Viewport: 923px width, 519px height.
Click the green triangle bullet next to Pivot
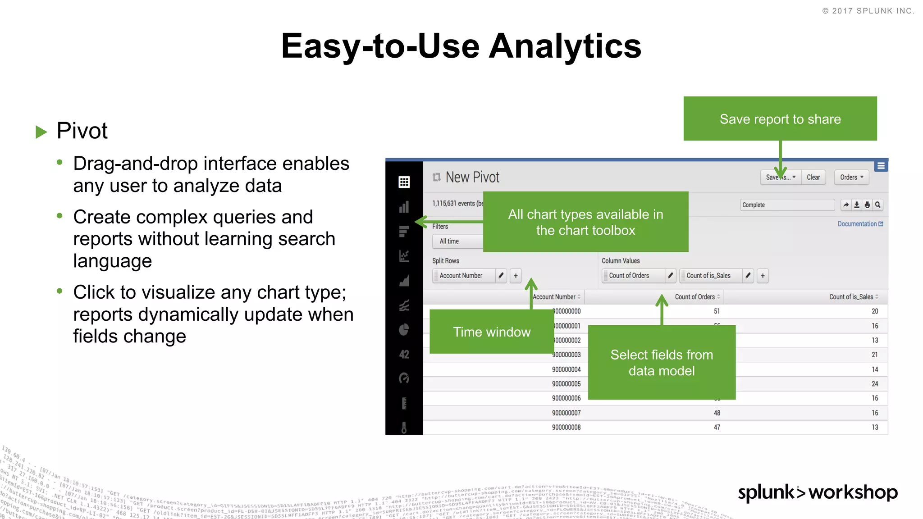pyautogui.click(x=41, y=132)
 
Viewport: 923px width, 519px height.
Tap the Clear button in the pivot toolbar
pyautogui.click(x=813, y=177)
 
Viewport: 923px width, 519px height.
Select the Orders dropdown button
pyautogui.click(x=851, y=177)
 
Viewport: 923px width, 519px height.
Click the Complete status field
pyautogui.click(x=787, y=205)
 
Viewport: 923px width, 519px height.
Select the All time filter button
pyautogui.click(x=449, y=241)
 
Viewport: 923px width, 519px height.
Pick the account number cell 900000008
pyautogui.click(x=566, y=427)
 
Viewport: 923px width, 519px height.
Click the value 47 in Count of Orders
pyautogui.click(x=717, y=427)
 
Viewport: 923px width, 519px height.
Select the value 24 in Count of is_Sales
pyautogui.click(x=874, y=384)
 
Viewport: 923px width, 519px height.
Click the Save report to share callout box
pyautogui.click(x=780, y=119)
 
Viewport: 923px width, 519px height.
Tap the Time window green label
pyautogui.click(x=491, y=332)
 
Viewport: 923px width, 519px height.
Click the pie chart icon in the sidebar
pyautogui.click(x=404, y=330)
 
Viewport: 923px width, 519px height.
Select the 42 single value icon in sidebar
pyautogui.click(x=404, y=355)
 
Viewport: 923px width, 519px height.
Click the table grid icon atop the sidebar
pyautogui.click(x=404, y=182)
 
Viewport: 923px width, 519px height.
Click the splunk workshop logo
pyautogui.click(x=817, y=492)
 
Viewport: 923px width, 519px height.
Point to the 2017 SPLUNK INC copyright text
pyautogui.click(x=868, y=11)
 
